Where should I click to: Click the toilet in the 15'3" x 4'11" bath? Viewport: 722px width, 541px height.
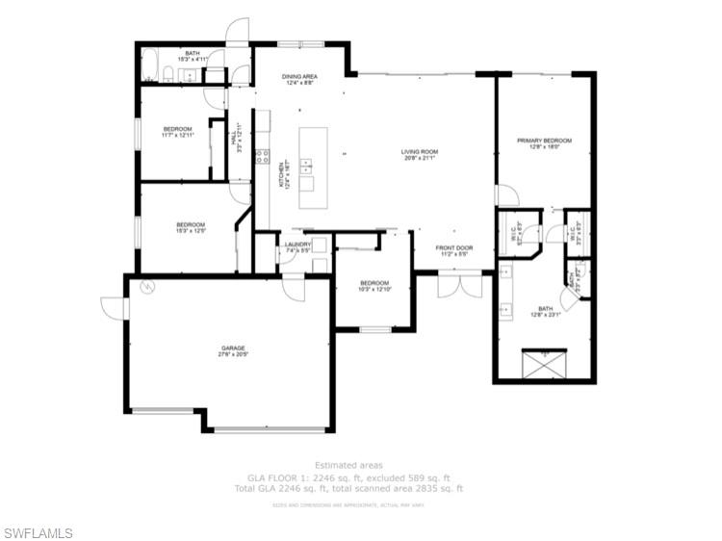tap(168, 74)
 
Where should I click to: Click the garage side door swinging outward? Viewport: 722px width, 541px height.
tap(113, 308)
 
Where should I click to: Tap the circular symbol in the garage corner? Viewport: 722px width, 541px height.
tap(145, 287)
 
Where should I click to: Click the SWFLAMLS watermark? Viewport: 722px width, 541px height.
tap(39, 532)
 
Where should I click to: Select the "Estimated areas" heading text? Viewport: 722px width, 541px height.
tap(354, 465)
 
